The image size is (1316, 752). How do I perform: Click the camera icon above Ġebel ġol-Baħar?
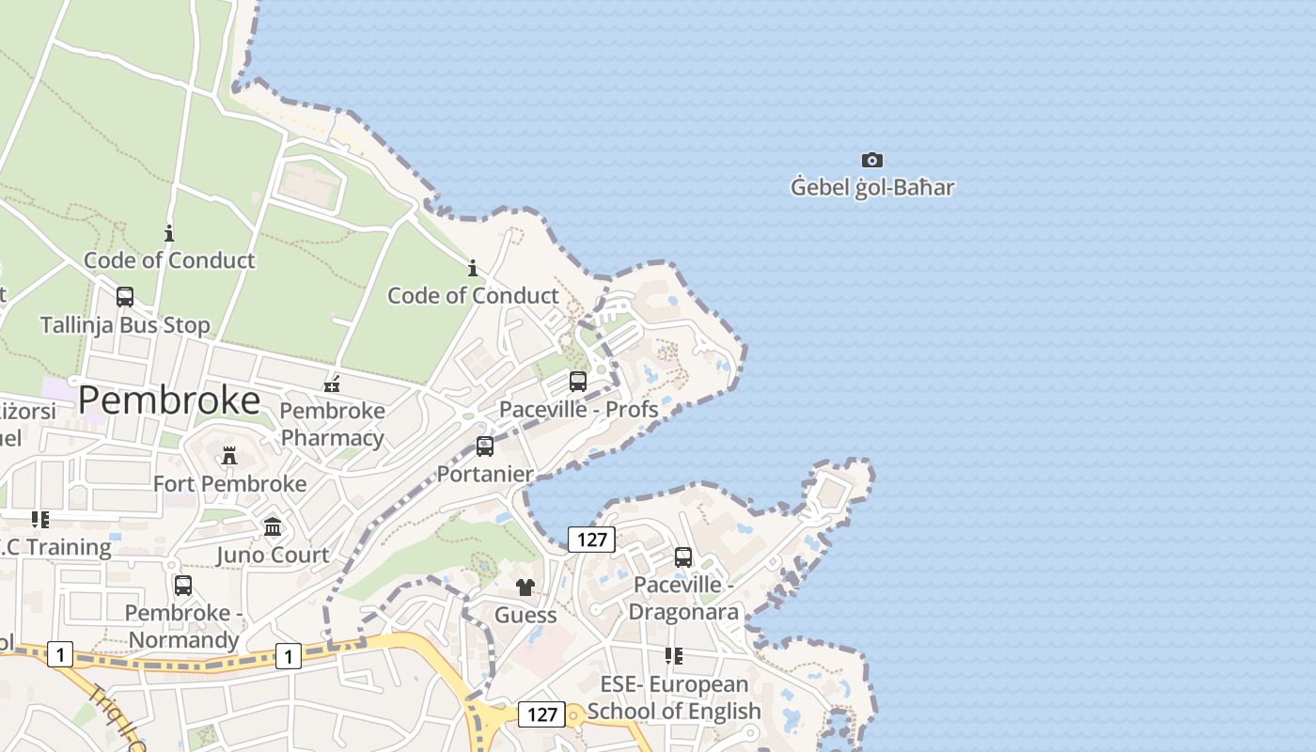tap(872, 161)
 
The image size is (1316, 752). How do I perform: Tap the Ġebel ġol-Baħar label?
tap(872, 187)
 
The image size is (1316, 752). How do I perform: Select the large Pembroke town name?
tap(169, 400)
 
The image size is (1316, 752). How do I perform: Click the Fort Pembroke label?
tap(229, 483)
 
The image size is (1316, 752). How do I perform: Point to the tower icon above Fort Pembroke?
tap(229, 457)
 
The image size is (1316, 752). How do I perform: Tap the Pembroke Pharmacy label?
tap(333, 424)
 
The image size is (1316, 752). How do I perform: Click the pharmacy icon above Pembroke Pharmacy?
tap(332, 384)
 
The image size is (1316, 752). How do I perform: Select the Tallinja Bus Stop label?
tap(125, 325)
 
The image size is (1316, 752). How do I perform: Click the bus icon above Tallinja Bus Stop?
tap(125, 297)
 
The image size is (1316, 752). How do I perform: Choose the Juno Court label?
tap(273, 555)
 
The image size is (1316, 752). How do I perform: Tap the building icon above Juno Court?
tap(273, 527)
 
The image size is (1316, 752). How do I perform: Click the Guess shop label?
tap(525, 615)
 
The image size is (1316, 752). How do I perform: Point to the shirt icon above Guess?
tap(525, 587)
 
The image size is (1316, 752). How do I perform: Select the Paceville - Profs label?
tap(578, 409)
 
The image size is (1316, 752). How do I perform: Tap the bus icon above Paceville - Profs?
tap(578, 382)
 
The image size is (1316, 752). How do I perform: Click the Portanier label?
tap(485, 474)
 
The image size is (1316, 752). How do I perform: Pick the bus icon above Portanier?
tap(485, 446)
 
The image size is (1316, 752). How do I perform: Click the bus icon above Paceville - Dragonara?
tap(683, 557)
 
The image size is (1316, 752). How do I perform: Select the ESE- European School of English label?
tap(674, 697)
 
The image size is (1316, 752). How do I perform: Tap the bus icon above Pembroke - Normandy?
tap(183, 586)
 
